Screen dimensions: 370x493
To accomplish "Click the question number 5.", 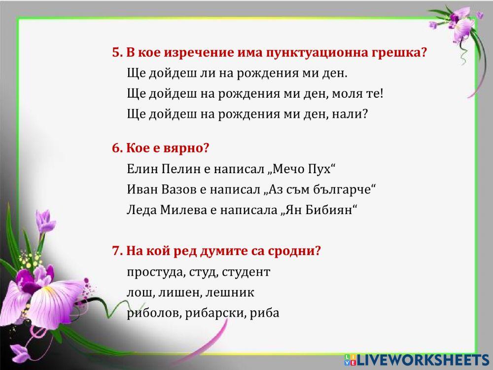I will tap(116, 53).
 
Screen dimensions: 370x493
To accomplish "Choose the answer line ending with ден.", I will tap(237, 74).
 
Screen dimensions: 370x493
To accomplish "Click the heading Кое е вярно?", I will tap(161, 148).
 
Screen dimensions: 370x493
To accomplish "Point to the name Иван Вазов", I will tap(159, 189).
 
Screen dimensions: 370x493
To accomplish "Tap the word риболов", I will tap(154, 313).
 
